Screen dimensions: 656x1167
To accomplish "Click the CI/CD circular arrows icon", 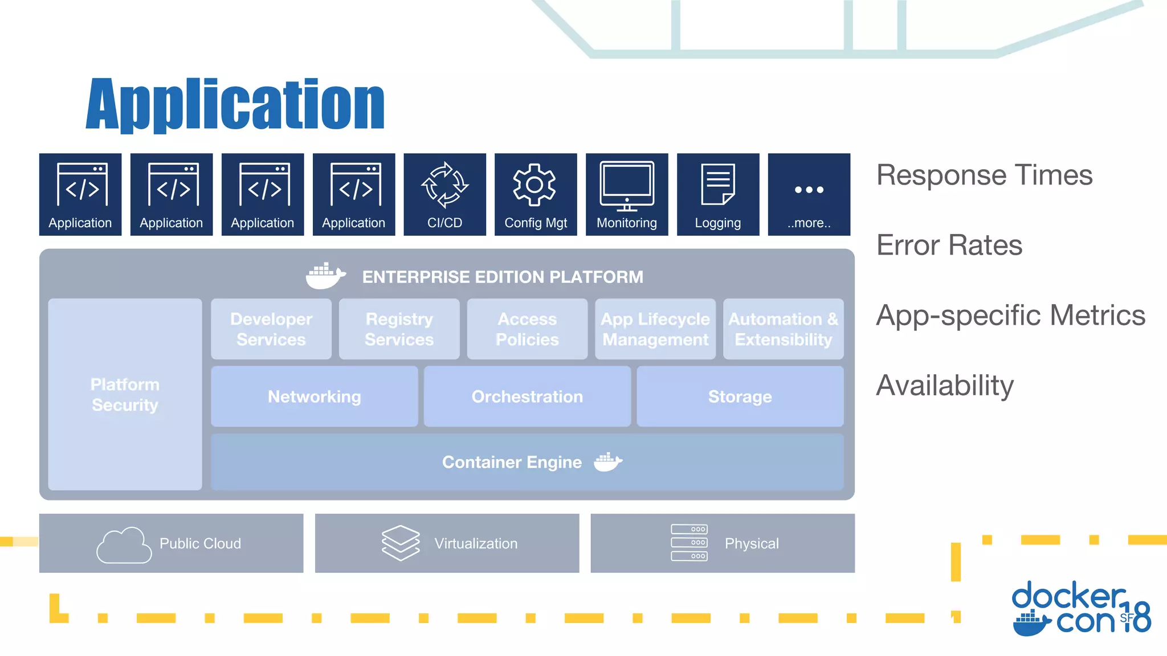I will (x=444, y=185).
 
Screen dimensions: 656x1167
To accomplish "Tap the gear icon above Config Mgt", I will (x=534, y=184).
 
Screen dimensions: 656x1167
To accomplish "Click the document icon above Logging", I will (x=718, y=184).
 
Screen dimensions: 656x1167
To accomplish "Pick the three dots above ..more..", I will (x=809, y=190).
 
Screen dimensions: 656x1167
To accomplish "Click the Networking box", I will (x=315, y=396).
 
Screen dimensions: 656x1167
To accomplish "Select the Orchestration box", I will (x=527, y=396).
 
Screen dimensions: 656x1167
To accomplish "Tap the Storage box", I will (x=740, y=396).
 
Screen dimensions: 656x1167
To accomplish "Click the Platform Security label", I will (x=125, y=395).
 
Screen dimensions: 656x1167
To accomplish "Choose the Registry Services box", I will (x=399, y=329).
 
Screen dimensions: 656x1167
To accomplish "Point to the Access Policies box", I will (x=527, y=329).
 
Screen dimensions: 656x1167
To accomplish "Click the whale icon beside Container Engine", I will (x=607, y=462).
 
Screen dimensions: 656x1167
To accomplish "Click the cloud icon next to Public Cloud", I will (x=124, y=545).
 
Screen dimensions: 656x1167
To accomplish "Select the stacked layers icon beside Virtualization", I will (x=401, y=543).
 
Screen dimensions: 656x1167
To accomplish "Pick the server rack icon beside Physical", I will (x=689, y=543).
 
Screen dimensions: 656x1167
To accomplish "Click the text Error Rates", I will (x=949, y=245).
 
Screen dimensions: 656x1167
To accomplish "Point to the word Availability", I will (x=945, y=386).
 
